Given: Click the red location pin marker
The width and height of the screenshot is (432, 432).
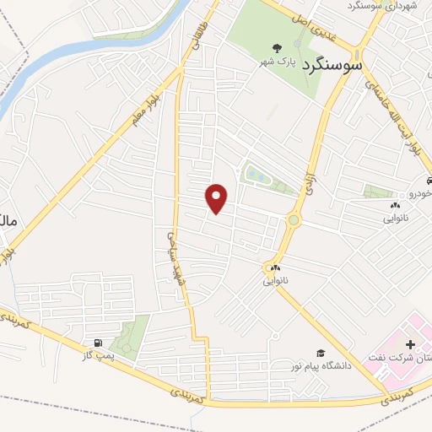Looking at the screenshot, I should [218, 199].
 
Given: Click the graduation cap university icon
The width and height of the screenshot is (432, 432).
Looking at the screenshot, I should [320, 353].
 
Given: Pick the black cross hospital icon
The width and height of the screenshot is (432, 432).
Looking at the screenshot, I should [411, 344].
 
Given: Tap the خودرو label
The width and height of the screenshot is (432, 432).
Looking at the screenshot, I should [420, 192].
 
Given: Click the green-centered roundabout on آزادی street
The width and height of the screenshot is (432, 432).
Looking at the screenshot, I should [293, 221].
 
